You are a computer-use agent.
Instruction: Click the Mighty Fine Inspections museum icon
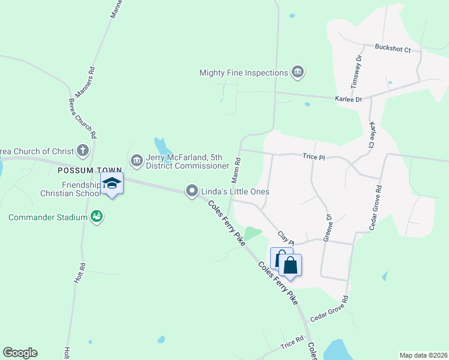(x=297, y=73)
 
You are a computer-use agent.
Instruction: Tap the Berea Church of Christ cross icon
(x=83, y=151)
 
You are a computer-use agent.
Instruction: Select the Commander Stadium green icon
(x=96, y=216)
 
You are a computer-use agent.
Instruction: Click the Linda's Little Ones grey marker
(x=192, y=191)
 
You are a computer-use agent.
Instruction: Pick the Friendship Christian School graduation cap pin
(x=112, y=183)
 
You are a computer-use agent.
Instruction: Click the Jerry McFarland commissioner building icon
(x=136, y=160)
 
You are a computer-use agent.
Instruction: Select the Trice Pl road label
(x=313, y=157)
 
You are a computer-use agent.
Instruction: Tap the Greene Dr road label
(x=328, y=228)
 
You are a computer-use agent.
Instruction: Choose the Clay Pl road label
(x=286, y=238)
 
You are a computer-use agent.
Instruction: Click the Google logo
(x=20, y=353)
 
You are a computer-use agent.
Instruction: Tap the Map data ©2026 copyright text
(x=424, y=355)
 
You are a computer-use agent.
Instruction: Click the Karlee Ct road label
(x=374, y=135)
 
